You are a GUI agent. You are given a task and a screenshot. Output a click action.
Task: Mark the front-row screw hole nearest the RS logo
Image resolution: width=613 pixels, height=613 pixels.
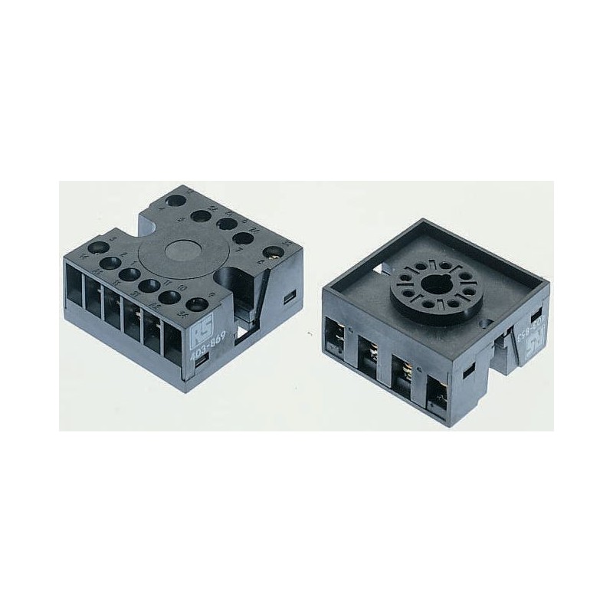(x=199, y=303)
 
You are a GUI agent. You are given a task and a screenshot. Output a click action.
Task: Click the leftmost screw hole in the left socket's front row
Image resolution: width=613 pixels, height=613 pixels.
(x=99, y=247)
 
